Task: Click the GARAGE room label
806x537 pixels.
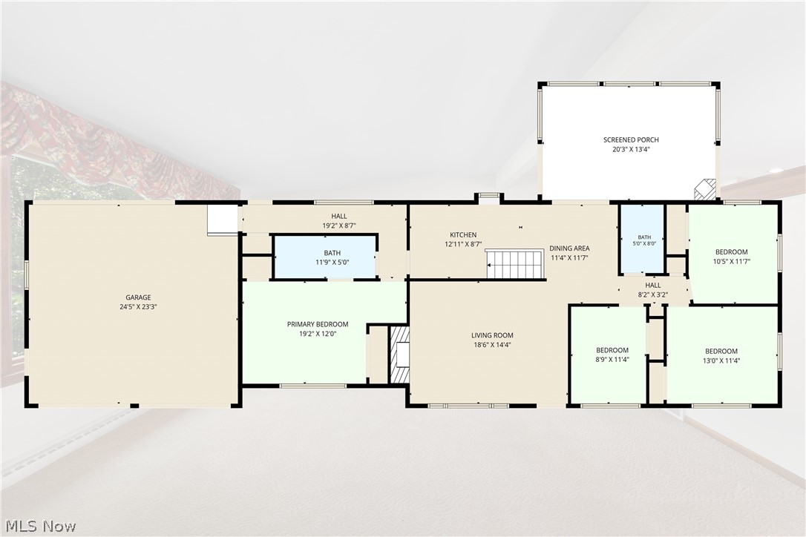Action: (x=138, y=297)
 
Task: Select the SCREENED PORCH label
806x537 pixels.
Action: (x=631, y=139)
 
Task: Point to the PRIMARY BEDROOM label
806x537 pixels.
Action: (x=318, y=324)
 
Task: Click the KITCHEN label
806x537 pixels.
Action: (x=463, y=235)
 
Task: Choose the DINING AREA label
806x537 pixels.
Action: (x=569, y=248)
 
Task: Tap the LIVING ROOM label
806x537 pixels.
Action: (x=493, y=335)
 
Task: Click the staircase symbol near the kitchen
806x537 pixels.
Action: (x=515, y=263)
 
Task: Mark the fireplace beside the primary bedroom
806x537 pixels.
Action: (x=400, y=354)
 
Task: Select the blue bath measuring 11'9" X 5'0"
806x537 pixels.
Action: (x=325, y=257)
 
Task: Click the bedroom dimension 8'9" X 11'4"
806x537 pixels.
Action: (x=612, y=360)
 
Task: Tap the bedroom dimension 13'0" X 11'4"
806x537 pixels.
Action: (x=721, y=360)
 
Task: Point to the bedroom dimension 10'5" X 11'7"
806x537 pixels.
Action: (x=732, y=261)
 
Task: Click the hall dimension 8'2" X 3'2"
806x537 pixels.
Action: (x=653, y=295)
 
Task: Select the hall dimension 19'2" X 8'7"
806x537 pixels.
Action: (x=339, y=225)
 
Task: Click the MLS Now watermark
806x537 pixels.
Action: (x=41, y=526)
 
